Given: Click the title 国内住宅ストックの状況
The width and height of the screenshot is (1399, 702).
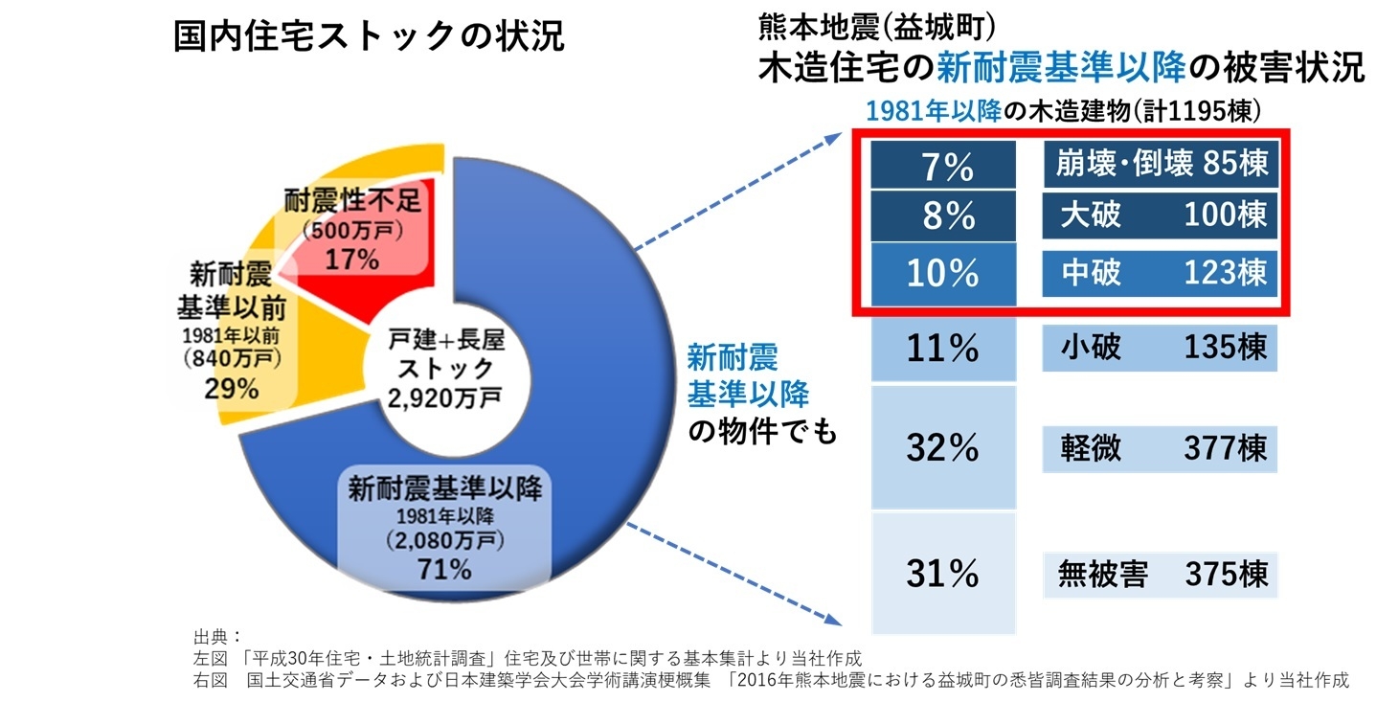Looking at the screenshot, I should tap(369, 37).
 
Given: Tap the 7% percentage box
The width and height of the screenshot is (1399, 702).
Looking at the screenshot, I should tap(942, 167).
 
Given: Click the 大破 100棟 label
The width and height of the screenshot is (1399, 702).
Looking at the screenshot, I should tap(1160, 215).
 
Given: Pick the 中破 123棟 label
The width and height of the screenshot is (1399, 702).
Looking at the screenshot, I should tap(1160, 272).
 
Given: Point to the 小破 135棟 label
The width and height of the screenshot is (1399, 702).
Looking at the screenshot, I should tap(1160, 347).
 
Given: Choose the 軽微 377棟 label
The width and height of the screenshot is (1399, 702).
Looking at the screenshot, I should tap(1160, 448).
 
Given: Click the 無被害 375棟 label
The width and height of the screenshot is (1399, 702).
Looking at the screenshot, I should tap(1160, 574).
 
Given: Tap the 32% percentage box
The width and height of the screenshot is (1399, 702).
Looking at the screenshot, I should tap(942, 447).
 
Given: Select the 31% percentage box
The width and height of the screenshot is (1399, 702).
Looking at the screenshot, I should tap(942, 573).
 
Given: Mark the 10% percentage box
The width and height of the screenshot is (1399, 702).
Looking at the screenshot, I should tap(942, 272).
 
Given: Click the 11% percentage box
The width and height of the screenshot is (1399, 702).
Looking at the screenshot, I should tap(942, 348).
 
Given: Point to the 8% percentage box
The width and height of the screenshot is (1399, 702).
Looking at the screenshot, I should tap(942, 215).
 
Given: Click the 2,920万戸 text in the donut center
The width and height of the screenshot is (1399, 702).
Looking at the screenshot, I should tap(443, 396).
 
